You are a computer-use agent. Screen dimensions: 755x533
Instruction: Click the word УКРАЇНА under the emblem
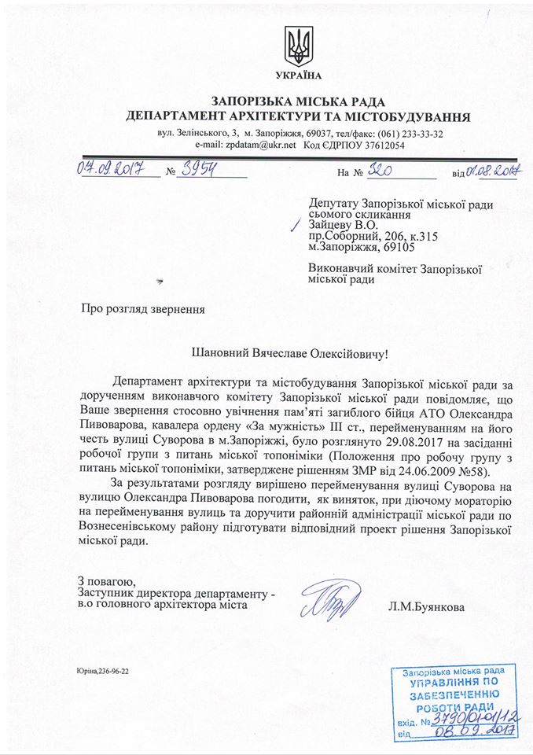(x=299, y=75)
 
